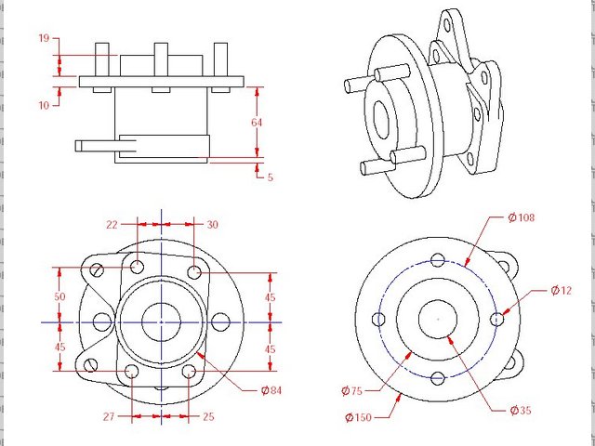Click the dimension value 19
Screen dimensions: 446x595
[44, 39]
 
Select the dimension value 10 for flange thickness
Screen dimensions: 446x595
[44, 105]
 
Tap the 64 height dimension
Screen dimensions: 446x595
[257, 122]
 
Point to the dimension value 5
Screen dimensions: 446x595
[269, 177]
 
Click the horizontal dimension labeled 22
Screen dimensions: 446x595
[112, 224]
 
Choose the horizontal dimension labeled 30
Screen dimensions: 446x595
[212, 224]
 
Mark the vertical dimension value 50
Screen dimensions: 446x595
[59, 295]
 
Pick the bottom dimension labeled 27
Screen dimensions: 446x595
[109, 417]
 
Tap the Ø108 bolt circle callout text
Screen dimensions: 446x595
[522, 217]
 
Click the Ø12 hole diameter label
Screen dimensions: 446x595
[561, 290]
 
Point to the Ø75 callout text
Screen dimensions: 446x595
[352, 389]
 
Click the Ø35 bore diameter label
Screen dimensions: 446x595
[522, 410]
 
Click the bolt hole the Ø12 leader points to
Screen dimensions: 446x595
[497, 319]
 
